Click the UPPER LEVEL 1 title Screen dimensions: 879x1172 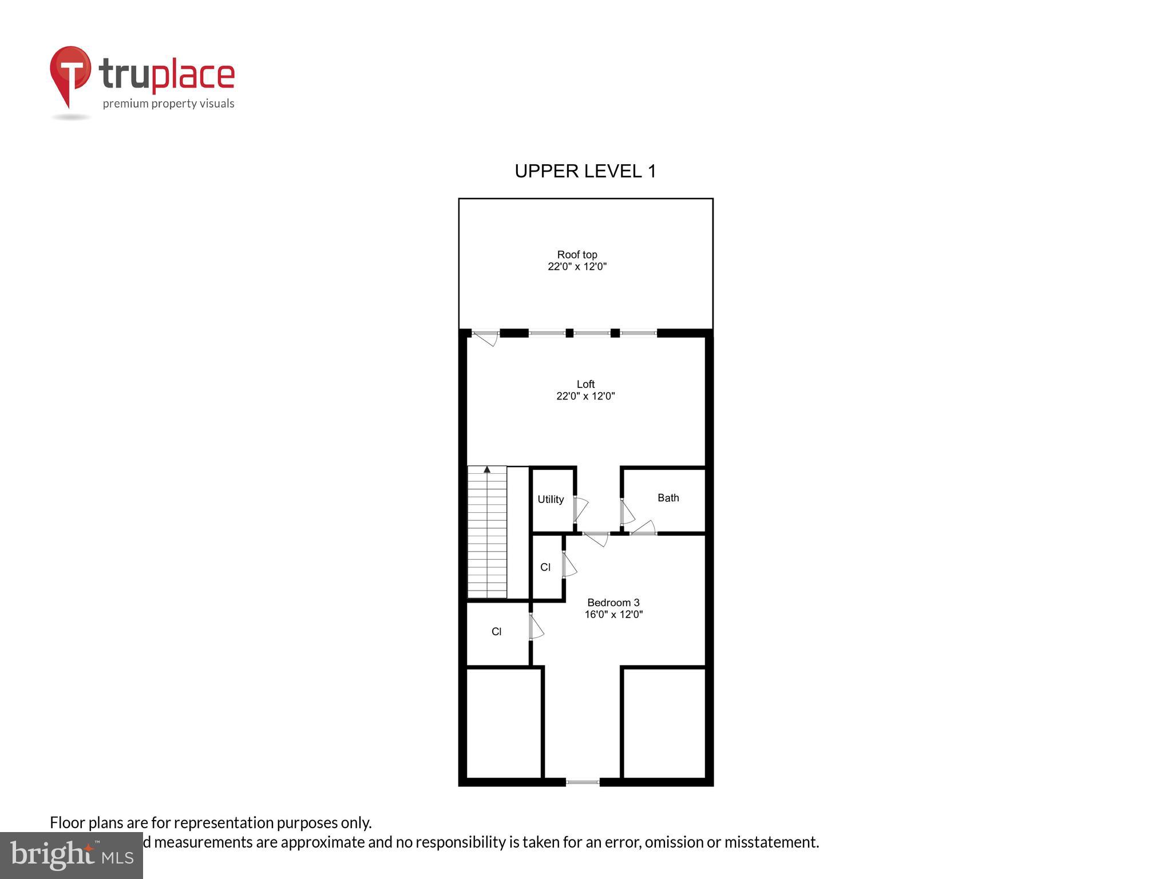[x=585, y=171]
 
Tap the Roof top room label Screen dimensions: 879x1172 [x=577, y=255]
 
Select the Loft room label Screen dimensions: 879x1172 [x=585, y=384]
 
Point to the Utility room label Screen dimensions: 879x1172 [x=551, y=500]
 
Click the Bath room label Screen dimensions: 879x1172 [x=668, y=498]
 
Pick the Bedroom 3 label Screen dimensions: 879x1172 [x=613, y=603]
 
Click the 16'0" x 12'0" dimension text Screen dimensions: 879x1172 [x=613, y=615]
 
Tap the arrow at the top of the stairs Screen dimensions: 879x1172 [x=487, y=469]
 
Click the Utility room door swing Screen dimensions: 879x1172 [x=580, y=509]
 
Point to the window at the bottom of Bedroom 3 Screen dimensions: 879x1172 [x=583, y=782]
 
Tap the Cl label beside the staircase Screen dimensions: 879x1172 [x=545, y=567]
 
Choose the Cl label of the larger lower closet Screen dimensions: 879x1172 [x=496, y=632]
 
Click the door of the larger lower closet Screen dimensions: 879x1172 [x=536, y=627]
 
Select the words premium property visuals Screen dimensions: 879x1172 [x=168, y=104]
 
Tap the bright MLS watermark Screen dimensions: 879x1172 [x=72, y=855]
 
